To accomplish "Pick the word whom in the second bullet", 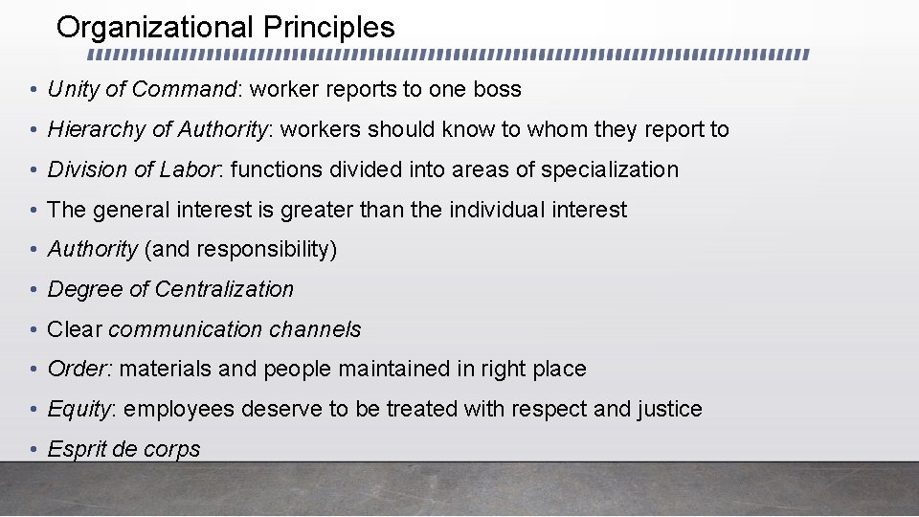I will [x=528, y=129].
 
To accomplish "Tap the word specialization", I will [x=610, y=169].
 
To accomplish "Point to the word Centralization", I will [x=224, y=289].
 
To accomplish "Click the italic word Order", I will [x=78, y=370].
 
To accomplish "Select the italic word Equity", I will [x=79, y=410].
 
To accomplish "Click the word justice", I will [x=669, y=410].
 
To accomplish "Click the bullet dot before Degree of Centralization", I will [x=33, y=290].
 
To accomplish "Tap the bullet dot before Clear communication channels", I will [x=33, y=330].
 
